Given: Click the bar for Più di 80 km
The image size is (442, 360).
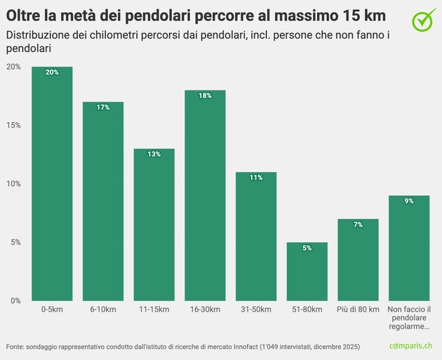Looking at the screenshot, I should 358,260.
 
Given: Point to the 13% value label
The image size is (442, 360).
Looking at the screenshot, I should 154,154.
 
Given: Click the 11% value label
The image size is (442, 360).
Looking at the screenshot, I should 256,178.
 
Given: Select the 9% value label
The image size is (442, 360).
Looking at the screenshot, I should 409,201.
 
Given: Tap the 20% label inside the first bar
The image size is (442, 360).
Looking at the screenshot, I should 52,72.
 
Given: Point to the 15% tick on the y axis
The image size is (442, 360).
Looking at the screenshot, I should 13,125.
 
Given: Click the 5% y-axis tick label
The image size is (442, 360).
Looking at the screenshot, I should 13,242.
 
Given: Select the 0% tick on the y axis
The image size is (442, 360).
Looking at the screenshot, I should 13,300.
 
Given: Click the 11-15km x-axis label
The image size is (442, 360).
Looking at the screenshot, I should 154,309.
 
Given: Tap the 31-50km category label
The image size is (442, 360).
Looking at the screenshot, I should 256,309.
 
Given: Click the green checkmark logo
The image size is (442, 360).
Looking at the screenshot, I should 423,20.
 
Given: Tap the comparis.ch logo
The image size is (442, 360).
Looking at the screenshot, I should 415,347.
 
